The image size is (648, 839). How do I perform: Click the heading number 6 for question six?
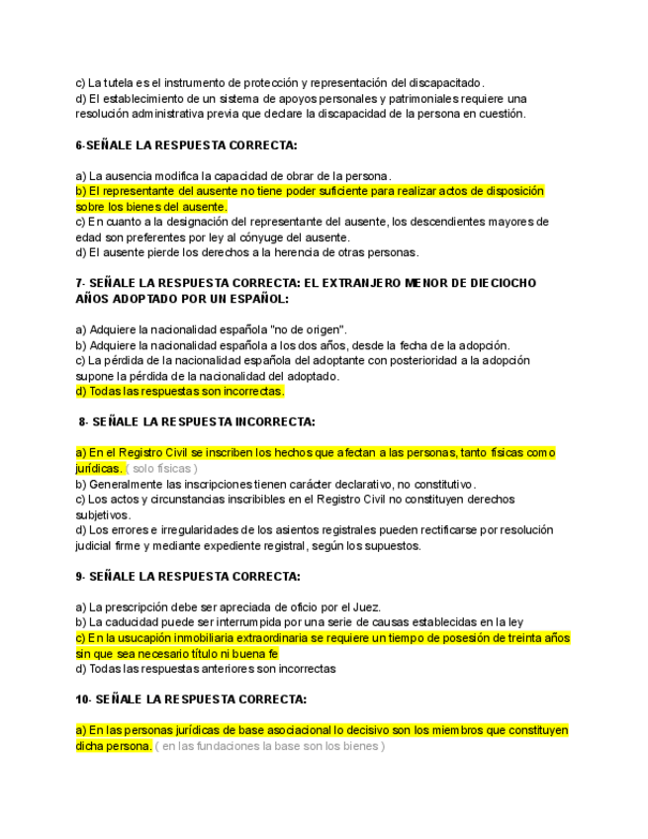pyautogui.click(x=79, y=145)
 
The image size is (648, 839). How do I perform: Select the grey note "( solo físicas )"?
pyautogui.click(x=161, y=468)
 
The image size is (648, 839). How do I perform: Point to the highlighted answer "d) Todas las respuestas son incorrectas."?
pyautogui.click(x=180, y=392)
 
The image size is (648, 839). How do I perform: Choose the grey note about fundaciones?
pyautogui.click(x=270, y=746)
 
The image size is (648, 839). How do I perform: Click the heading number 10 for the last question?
pyautogui.click(x=82, y=699)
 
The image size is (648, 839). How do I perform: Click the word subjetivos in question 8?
pyautogui.click(x=104, y=514)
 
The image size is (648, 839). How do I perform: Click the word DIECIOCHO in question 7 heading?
pyautogui.click(x=502, y=283)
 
